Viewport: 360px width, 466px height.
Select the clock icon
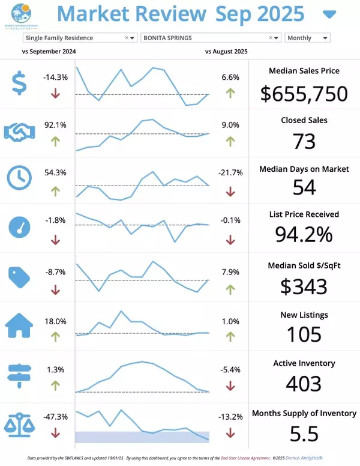click(20, 178)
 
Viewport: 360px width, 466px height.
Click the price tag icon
click(20, 276)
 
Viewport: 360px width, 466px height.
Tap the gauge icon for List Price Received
click(20, 227)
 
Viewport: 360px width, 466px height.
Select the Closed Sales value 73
click(304, 141)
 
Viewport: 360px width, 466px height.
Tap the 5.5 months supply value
click(304, 433)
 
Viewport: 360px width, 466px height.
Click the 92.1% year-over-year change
click(55, 125)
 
